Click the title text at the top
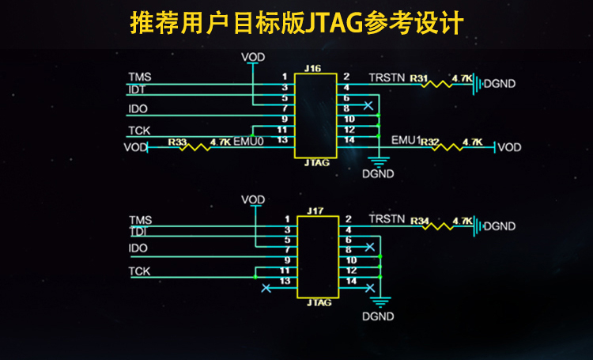click(x=296, y=22)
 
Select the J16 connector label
click(x=312, y=70)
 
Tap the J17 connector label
click(x=315, y=210)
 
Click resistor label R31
click(x=419, y=78)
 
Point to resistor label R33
click(x=177, y=142)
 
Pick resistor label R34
click(x=420, y=220)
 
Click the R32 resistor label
click(x=429, y=142)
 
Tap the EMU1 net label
click(x=405, y=140)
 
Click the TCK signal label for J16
click(x=139, y=130)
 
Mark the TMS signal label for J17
click(x=140, y=219)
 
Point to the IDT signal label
click(x=137, y=90)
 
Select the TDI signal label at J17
click(x=138, y=231)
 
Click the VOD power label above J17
click(x=253, y=199)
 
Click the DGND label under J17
click(x=377, y=316)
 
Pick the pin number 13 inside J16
click(x=282, y=139)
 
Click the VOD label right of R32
click(x=509, y=147)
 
